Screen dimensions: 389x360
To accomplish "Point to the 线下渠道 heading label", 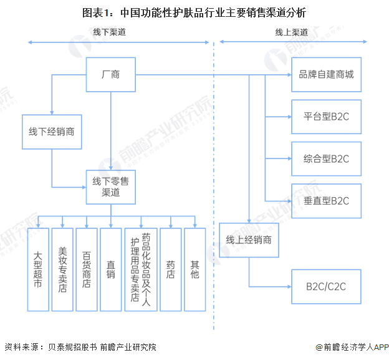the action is click(x=110, y=32).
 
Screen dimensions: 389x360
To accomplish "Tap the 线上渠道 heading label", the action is click(x=292, y=32).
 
